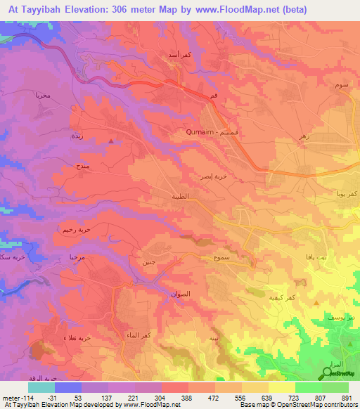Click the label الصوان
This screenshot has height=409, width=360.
(x=181, y=294)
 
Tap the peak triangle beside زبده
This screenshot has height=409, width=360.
(x=112, y=141)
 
